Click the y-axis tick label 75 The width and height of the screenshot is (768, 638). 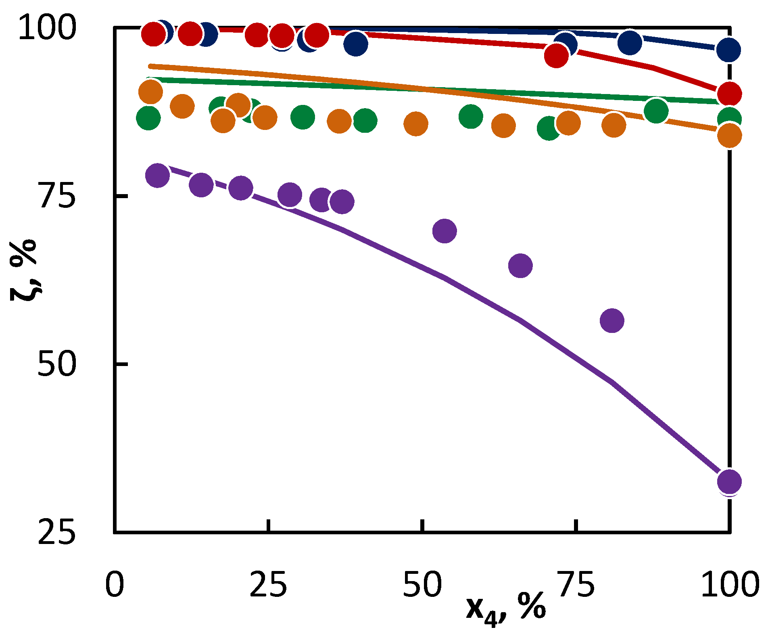pyautogui.click(x=57, y=196)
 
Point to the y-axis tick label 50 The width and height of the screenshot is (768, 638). pyautogui.click(x=57, y=364)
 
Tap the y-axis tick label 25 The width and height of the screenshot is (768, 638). pyautogui.click(x=57, y=532)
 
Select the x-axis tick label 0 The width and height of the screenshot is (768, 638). pyautogui.click(x=115, y=584)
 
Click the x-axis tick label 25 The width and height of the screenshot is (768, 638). pyautogui.click(x=268, y=584)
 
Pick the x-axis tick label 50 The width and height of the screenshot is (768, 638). pyautogui.click(x=422, y=584)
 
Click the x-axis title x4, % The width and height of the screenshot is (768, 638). pyautogui.click(x=506, y=608)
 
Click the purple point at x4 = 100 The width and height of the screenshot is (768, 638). pyautogui.click(x=730, y=481)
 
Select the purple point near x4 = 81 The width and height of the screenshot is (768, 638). pyautogui.click(x=612, y=320)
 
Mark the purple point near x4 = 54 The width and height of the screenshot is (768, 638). pyautogui.click(x=445, y=231)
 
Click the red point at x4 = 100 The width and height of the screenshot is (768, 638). pyautogui.click(x=730, y=94)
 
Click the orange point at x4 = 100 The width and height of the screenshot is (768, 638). pyautogui.click(x=730, y=135)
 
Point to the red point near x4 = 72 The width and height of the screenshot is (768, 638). pyautogui.click(x=556, y=55)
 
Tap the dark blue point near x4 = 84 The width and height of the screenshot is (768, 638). pyautogui.click(x=630, y=42)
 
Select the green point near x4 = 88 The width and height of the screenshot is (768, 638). pyautogui.click(x=656, y=111)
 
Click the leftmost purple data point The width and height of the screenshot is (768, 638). pyautogui.click(x=157, y=175)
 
